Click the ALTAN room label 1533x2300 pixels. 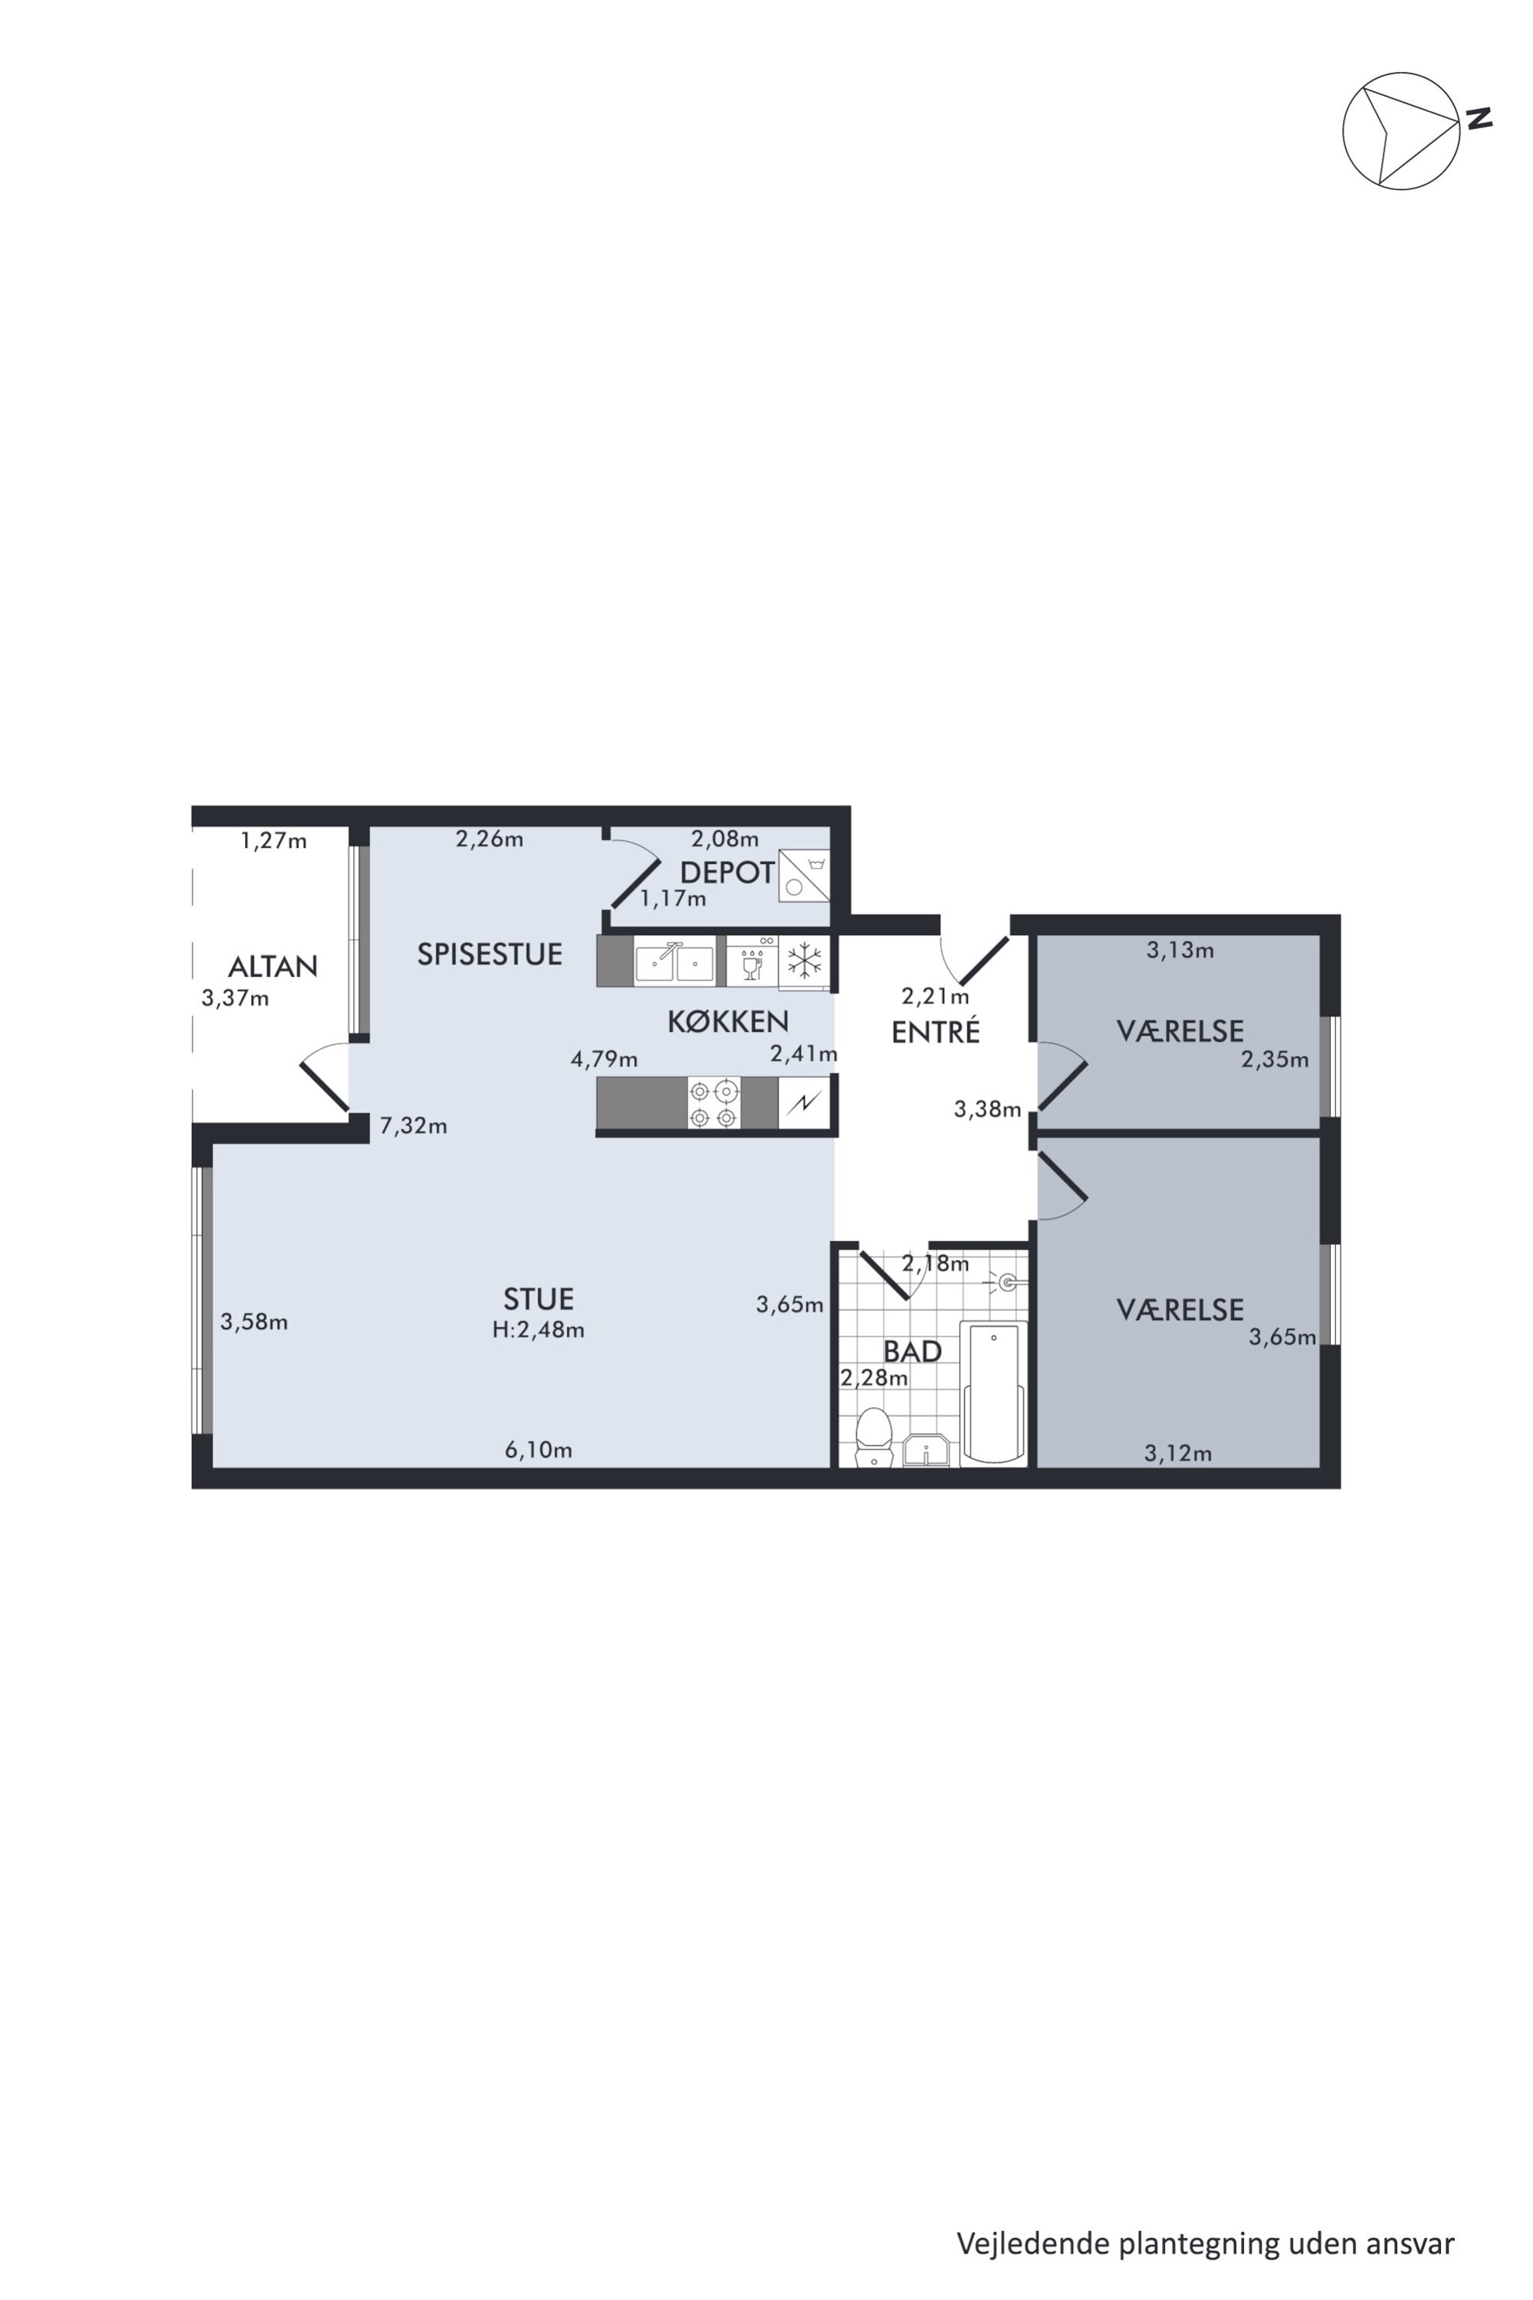pos(273,967)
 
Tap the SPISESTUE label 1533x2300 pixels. pos(490,954)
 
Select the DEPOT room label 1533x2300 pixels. pos(727,873)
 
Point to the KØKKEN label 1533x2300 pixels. pos(729,1021)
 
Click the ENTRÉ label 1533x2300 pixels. pos(936,1032)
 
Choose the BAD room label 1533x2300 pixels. pos(913,1352)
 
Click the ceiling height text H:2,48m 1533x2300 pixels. pos(539,1330)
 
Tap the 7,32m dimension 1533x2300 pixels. pos(413,1125)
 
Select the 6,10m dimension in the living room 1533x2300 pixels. pos(539,1450)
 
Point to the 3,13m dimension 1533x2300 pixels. pos(1180,950)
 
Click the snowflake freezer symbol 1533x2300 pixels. pos(804,961)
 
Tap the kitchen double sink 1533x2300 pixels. pos(675,962)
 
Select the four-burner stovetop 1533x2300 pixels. pos(714,1103)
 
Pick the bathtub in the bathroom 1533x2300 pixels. pos(994,1393)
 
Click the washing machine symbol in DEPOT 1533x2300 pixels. pos(804,875)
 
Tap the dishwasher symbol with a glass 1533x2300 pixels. pos(752,961)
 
